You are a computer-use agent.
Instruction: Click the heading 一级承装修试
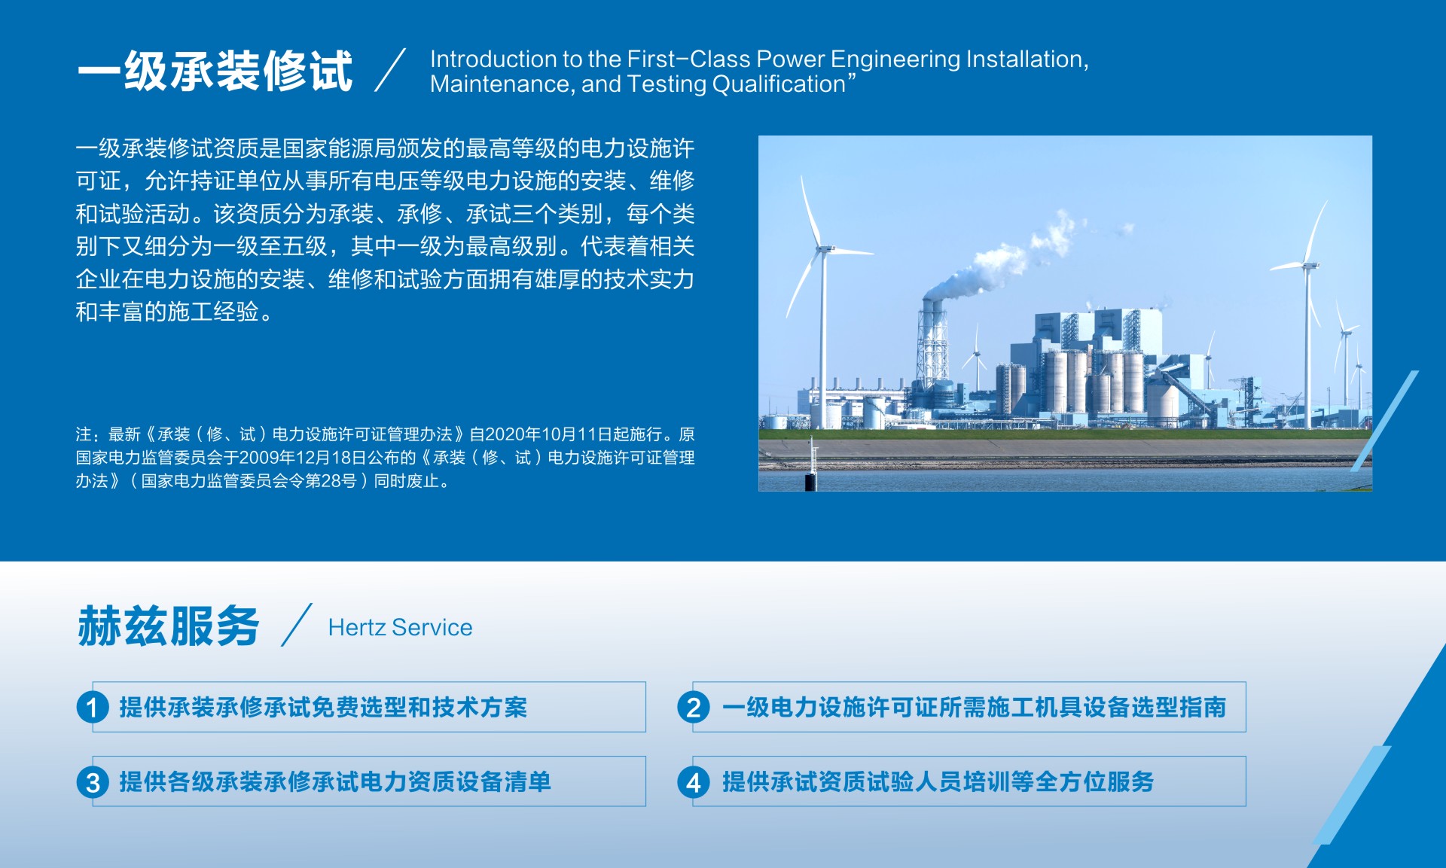click(x=215, y=72)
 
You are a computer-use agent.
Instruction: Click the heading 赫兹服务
click(x=169, y=626)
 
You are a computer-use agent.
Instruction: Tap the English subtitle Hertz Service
click(x=400, y=627)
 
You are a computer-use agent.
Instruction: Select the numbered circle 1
click(x=93, y=707)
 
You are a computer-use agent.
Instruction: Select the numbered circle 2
click(x=694, y=707)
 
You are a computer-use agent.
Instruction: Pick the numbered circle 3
click(x=93, y=782)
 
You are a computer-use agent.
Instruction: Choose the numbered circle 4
click(x=694, y=782)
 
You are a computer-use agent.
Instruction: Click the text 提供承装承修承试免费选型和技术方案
click(x=323, y=707)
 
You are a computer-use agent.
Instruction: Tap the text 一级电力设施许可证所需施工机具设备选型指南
click(x=974, y=707)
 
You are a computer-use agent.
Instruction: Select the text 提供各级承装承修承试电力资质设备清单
click(x=335, y=781)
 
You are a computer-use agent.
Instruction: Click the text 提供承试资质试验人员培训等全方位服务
click(x=938, y=781)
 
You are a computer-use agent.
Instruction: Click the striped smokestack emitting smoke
click(x=932, y=339)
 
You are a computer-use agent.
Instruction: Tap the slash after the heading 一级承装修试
click(x=390, y=71)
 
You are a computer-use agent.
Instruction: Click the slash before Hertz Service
click(x=297, y=625)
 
